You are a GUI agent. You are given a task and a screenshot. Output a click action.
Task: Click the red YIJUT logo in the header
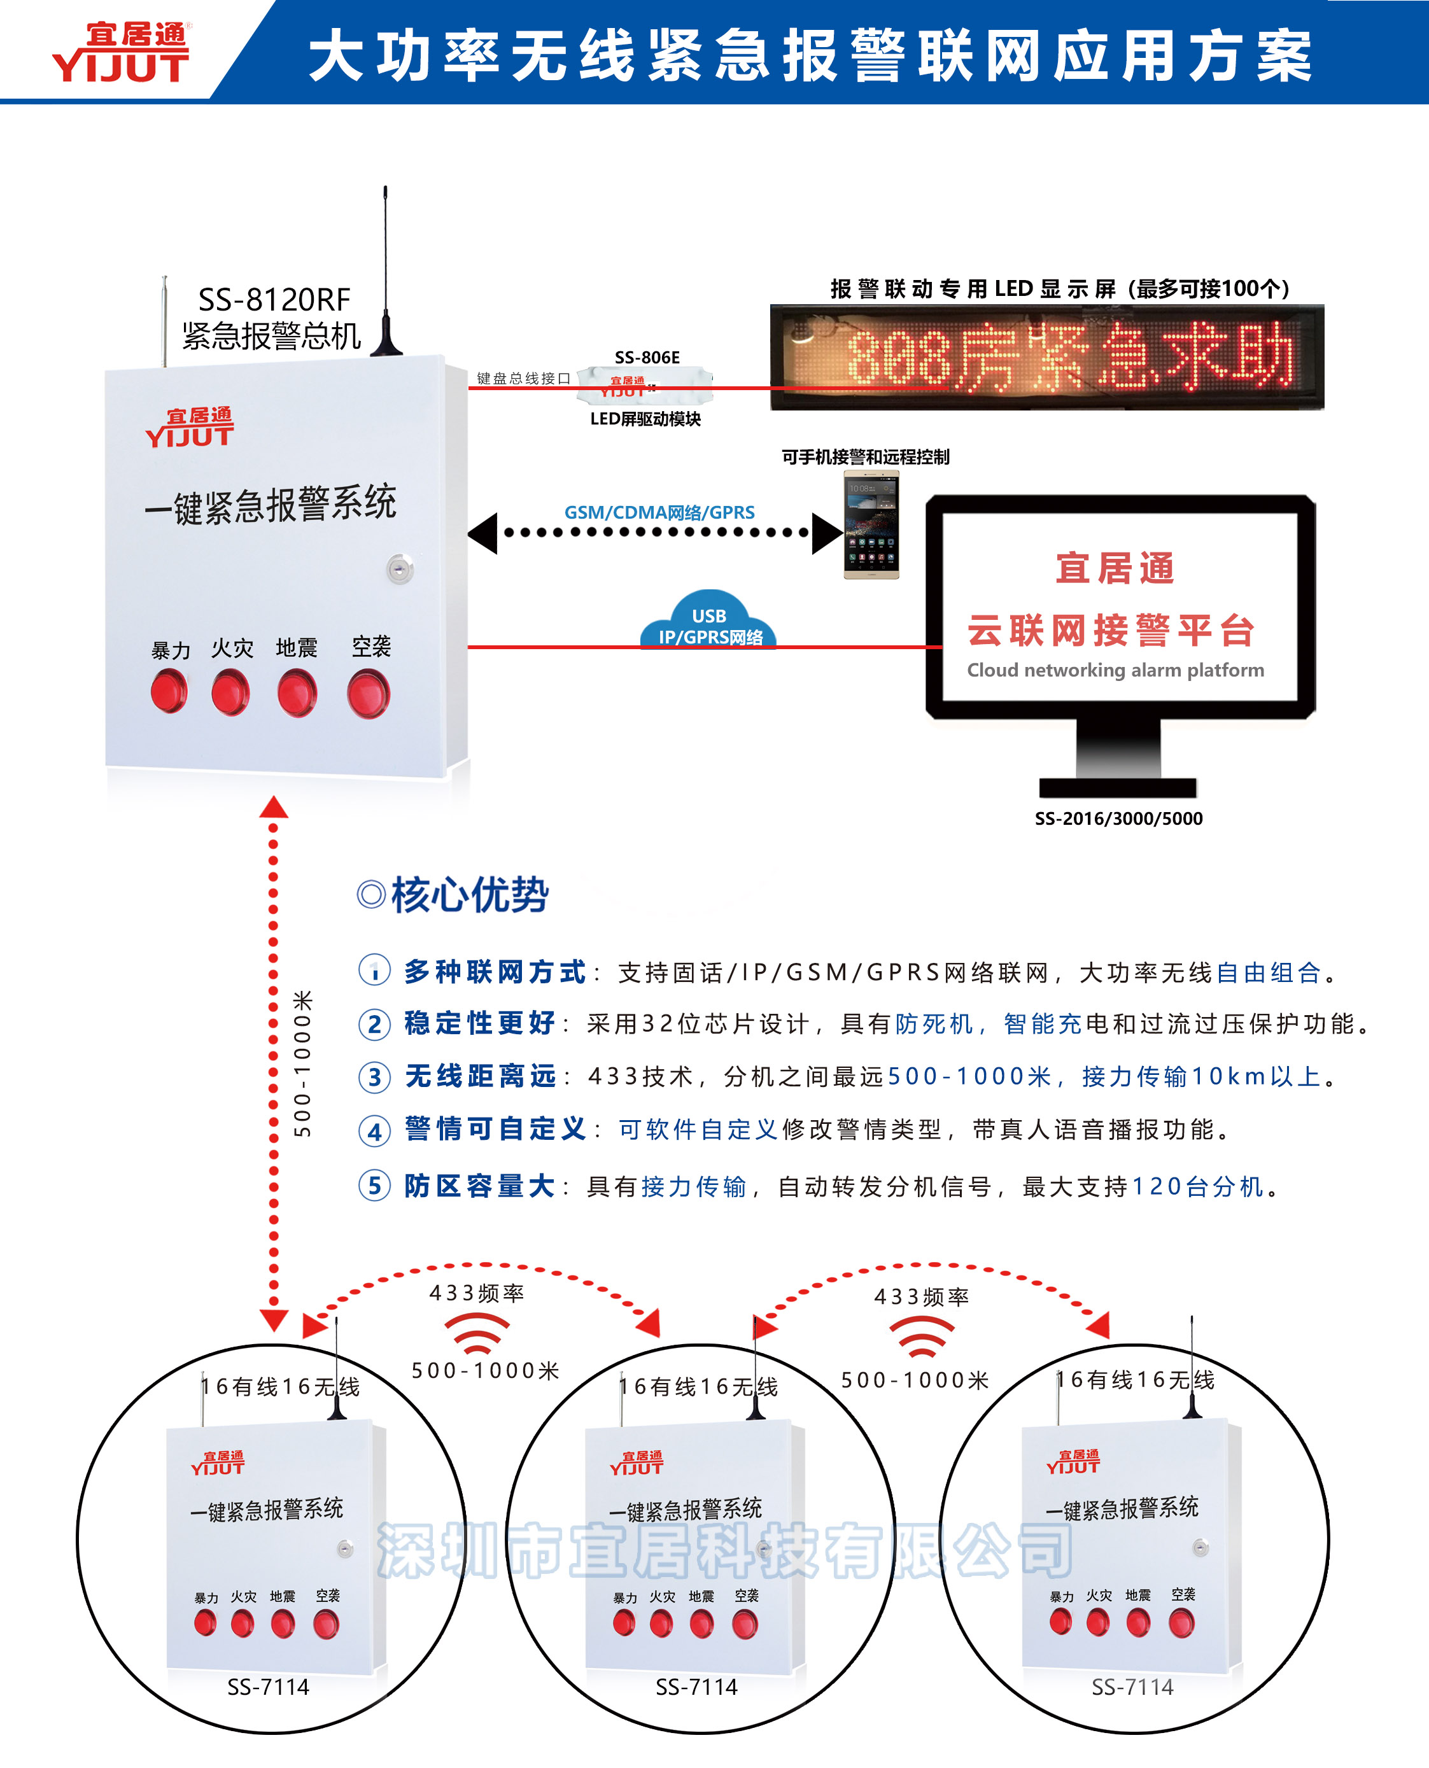121,53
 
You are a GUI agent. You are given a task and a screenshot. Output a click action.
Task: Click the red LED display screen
1046,357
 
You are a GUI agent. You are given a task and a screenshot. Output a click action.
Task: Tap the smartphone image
871,524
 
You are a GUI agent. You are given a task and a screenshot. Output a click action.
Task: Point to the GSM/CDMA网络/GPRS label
659,512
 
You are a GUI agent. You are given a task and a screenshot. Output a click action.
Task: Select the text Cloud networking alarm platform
1115,670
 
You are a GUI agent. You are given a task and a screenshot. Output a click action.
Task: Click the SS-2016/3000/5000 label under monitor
1118,818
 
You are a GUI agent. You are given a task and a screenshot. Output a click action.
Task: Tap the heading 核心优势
469,895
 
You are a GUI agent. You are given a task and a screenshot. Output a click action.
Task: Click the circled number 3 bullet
374,1077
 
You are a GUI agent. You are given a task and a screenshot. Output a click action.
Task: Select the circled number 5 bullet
374,1186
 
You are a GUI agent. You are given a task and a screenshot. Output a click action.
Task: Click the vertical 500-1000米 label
303,1064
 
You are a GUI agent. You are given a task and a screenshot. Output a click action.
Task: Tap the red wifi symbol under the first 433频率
477,1333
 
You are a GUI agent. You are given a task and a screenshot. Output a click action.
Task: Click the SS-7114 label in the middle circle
696,1687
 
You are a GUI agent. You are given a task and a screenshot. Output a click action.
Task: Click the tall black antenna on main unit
385,272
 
